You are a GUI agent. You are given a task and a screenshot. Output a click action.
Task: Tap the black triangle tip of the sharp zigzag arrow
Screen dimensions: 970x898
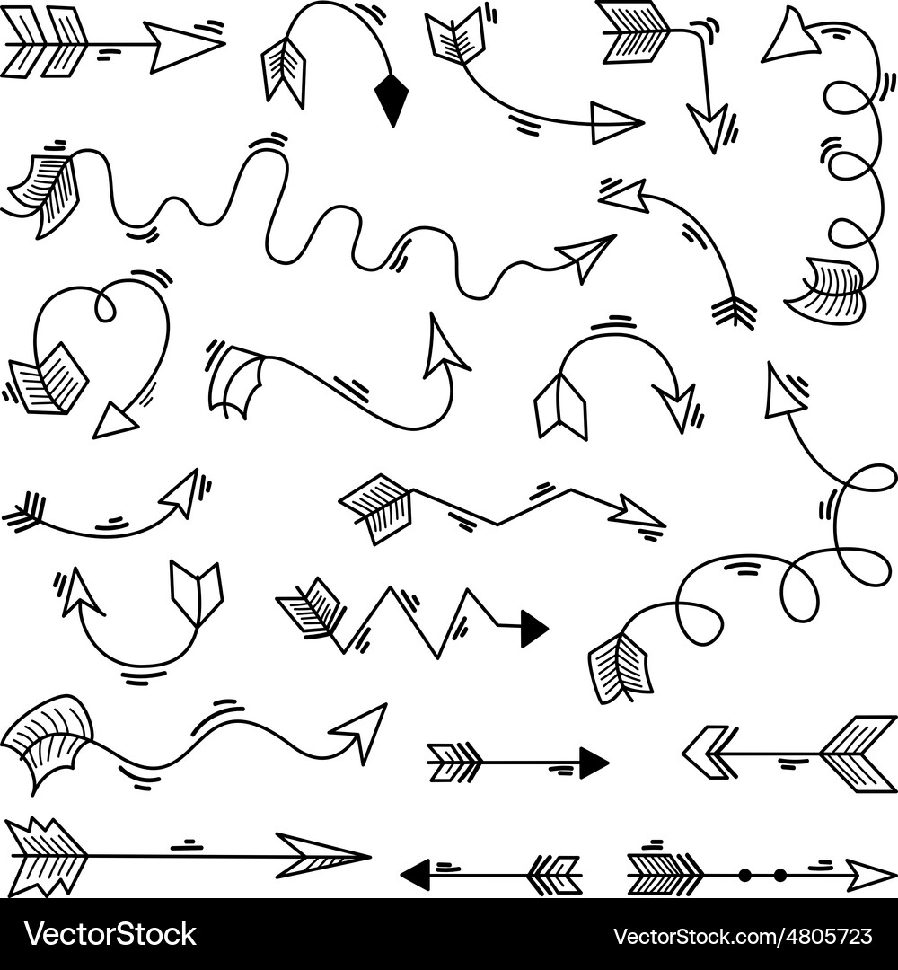(533, 629)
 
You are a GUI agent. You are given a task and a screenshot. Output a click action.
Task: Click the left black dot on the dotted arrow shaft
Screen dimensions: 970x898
(744, 874)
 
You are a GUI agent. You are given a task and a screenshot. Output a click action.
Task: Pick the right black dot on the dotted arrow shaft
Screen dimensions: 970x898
(779, 874)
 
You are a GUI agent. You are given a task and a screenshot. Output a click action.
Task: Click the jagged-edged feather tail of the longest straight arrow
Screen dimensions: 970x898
(45, 856)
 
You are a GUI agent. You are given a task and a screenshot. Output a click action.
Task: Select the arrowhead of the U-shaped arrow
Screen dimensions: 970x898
(79, 594)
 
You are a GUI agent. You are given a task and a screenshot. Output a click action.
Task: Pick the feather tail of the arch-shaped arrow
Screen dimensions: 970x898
(560, 407)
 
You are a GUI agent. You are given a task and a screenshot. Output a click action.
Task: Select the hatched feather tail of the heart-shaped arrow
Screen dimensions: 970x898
(48, 381)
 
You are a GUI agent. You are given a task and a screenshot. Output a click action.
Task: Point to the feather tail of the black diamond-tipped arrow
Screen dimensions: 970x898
(285, 70)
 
